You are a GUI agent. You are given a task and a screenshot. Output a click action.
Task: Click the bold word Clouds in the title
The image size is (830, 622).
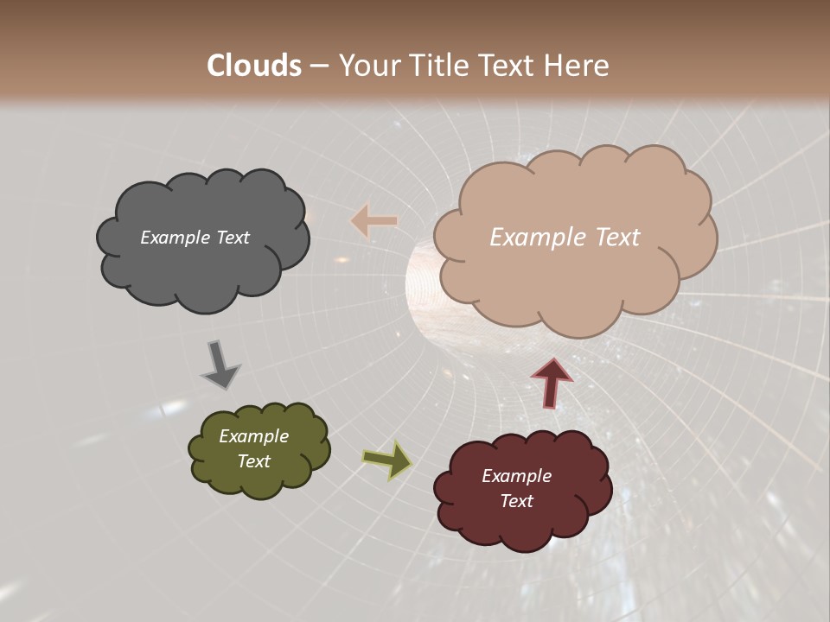[254, 65]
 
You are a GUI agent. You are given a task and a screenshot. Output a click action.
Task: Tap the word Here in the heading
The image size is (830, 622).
[579, 65]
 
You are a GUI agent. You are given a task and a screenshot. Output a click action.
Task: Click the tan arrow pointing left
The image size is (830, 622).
[373, 221]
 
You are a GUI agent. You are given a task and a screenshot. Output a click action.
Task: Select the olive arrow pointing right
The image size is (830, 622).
[386, 460]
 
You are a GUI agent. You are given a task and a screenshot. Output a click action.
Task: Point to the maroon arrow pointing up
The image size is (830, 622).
[551, 382]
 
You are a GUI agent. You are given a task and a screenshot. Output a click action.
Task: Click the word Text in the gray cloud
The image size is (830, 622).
[232, 238]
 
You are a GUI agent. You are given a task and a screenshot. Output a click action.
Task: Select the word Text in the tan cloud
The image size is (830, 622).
[618, 238]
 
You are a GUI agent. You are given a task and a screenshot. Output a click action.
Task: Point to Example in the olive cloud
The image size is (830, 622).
[253, 436]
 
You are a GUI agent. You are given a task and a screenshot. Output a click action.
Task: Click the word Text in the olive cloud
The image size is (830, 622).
[253, 461]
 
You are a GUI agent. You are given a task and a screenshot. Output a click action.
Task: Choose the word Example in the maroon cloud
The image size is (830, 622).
[516, 476]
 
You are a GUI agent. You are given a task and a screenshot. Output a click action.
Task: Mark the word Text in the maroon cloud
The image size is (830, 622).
[516, 501]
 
